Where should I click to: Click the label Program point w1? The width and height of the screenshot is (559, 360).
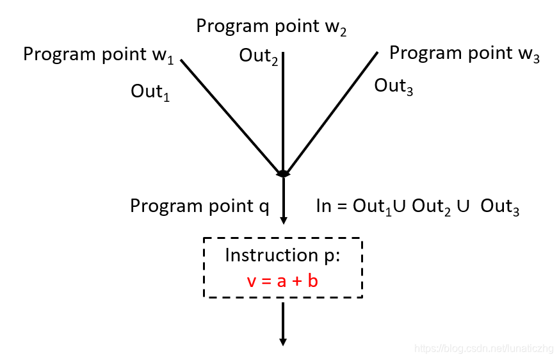click(x=98, y=55)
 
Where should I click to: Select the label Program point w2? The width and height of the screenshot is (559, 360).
click(x=271, y=27)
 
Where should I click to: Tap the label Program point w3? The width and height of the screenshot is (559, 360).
click(x=464, y=54)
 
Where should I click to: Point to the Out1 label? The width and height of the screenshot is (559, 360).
click(x=150, y=92)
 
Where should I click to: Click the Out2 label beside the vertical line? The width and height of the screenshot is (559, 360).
click(x=259, y=56)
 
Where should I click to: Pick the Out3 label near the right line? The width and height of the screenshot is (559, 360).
click(x=393, y=86)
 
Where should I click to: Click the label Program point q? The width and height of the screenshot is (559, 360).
click(x=199, y=206)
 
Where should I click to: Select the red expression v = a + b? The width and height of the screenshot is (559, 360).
click(x=282, y=281)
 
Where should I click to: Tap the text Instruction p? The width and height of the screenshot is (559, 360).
click(x=282, y=256)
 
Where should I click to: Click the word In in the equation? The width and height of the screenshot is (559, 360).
click(x=324, y=206)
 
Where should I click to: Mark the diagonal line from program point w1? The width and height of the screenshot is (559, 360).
click(x=231, y=115)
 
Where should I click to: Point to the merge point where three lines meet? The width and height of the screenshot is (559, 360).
click(x=283, y=174)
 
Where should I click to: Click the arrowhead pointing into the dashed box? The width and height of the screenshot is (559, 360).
click(x=283, y=221)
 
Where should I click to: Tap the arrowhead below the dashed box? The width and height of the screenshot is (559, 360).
click(x=282, y=341)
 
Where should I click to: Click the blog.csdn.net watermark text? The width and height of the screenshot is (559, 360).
click(x=483, y=348)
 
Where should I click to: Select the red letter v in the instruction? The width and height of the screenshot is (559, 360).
click(x=250, y=281)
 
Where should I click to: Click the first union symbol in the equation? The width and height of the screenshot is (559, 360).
click(x=401, y=206)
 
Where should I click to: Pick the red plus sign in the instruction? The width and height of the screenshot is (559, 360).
click(x=295, y=281)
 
